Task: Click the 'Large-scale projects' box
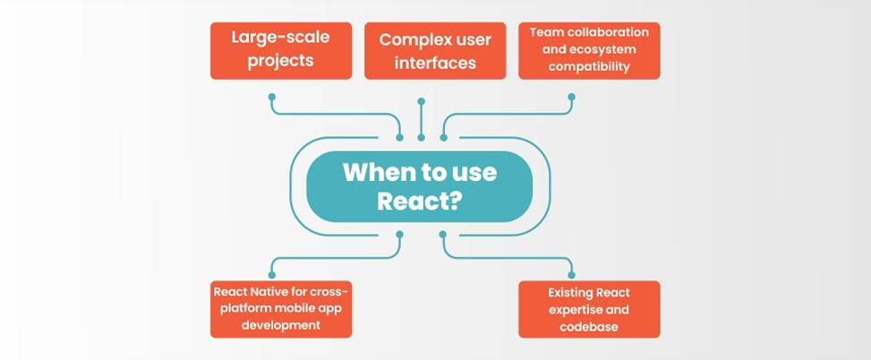280,50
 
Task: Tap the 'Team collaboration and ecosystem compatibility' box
589,50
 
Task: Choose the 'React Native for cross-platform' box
280,309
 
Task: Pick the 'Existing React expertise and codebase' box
589,309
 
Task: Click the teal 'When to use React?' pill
419,185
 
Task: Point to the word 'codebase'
589,327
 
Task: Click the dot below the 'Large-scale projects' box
272,96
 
